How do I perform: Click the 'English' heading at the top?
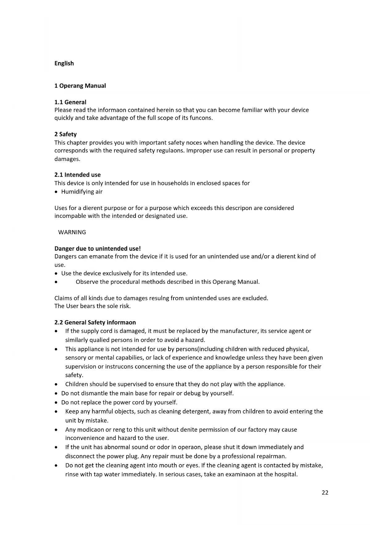[64, 63]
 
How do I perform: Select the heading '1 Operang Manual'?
[80, 86]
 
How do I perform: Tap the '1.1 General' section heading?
[70, 102]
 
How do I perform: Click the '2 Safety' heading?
[65, 134]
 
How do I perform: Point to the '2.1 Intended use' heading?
[77, 175]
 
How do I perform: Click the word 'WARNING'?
[72, 232]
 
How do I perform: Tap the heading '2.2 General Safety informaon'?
[95, 322]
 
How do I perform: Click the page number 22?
[325, 493]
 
